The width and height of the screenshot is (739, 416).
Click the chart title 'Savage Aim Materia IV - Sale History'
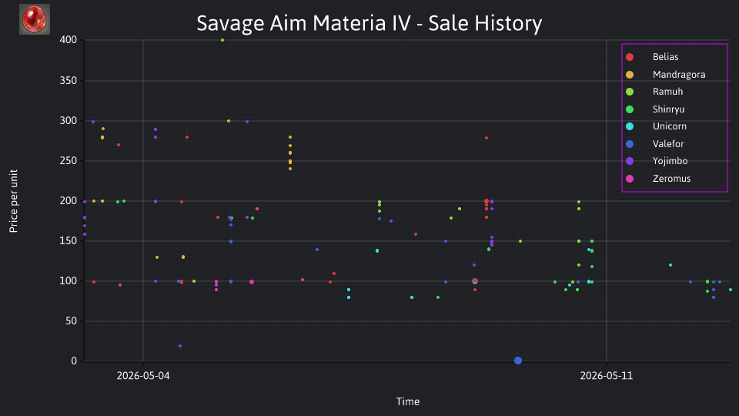369,23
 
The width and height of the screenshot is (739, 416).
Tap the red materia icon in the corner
35,19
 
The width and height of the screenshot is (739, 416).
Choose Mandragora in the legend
665,75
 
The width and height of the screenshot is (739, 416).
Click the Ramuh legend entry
654,92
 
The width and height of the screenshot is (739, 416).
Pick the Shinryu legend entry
655,109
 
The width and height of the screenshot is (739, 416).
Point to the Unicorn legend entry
656,126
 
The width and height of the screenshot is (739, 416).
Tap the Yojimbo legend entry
657,161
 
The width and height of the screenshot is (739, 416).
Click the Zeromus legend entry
658,179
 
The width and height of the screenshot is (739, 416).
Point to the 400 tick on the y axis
69,40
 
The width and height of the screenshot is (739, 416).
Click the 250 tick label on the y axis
69,161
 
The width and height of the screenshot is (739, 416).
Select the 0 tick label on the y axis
74,361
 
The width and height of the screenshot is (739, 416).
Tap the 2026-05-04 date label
143,376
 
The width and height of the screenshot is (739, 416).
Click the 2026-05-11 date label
607,376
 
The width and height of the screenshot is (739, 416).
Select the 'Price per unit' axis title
14,201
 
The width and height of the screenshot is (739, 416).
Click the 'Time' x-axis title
408,402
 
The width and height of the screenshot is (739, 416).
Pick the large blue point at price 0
518,361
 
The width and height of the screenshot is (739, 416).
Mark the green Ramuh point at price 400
222,40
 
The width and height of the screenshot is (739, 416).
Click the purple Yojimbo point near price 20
180,346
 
